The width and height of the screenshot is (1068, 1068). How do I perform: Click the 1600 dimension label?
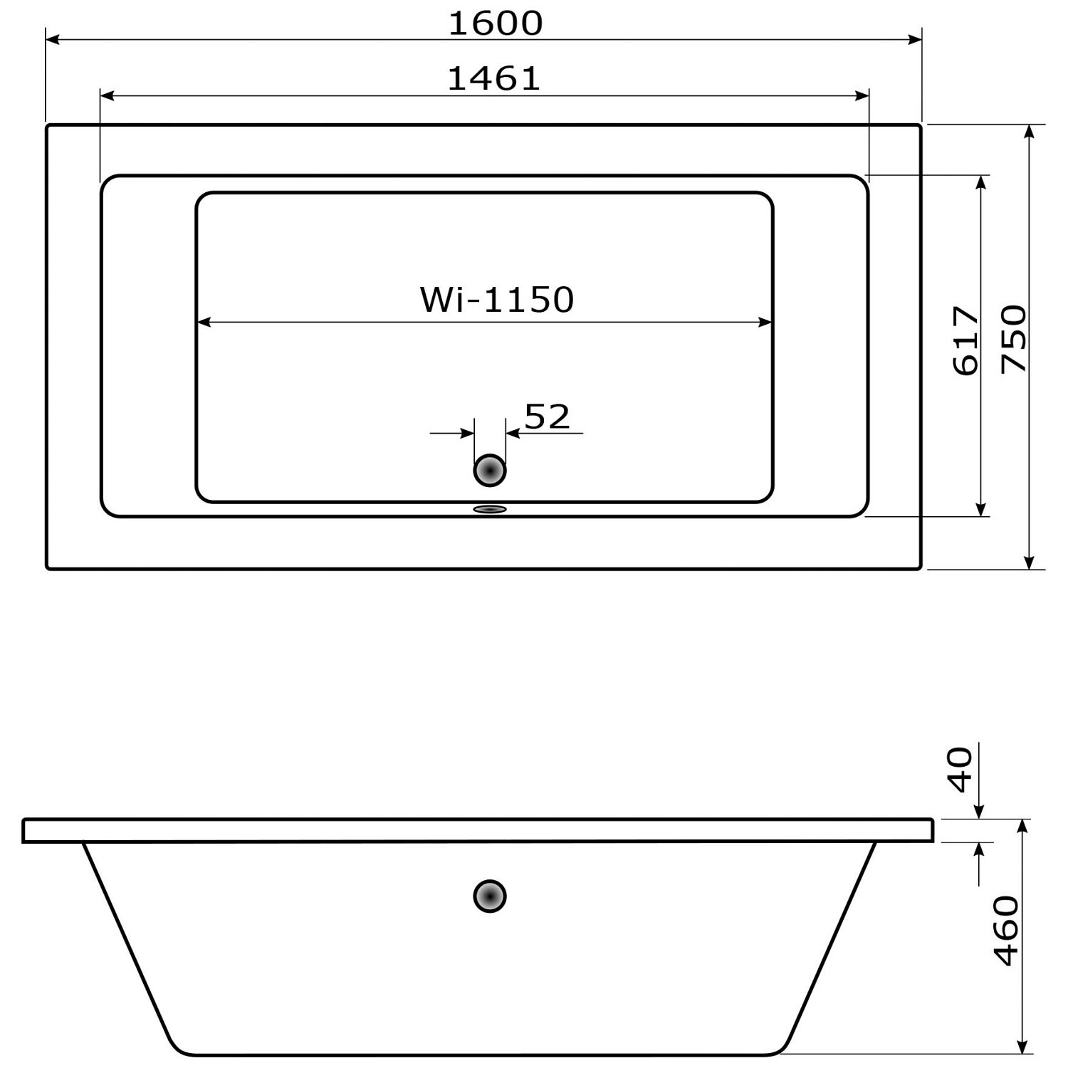pos(496,23)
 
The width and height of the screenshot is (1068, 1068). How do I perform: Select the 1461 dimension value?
pos(494,78)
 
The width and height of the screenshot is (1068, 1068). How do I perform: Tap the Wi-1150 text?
pos(497,299)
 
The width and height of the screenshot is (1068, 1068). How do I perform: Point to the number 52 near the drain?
pos(548,417)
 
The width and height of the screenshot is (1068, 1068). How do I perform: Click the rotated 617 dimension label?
pos(966,340)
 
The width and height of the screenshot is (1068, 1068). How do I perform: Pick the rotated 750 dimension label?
pos(1014,338)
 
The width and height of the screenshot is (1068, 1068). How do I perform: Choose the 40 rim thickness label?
pos(960,770)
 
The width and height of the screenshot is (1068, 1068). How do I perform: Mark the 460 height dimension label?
pos(1006,931)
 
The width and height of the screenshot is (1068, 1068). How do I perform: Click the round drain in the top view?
pos(490,471)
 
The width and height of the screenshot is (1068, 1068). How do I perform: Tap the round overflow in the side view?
pos(490,896)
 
